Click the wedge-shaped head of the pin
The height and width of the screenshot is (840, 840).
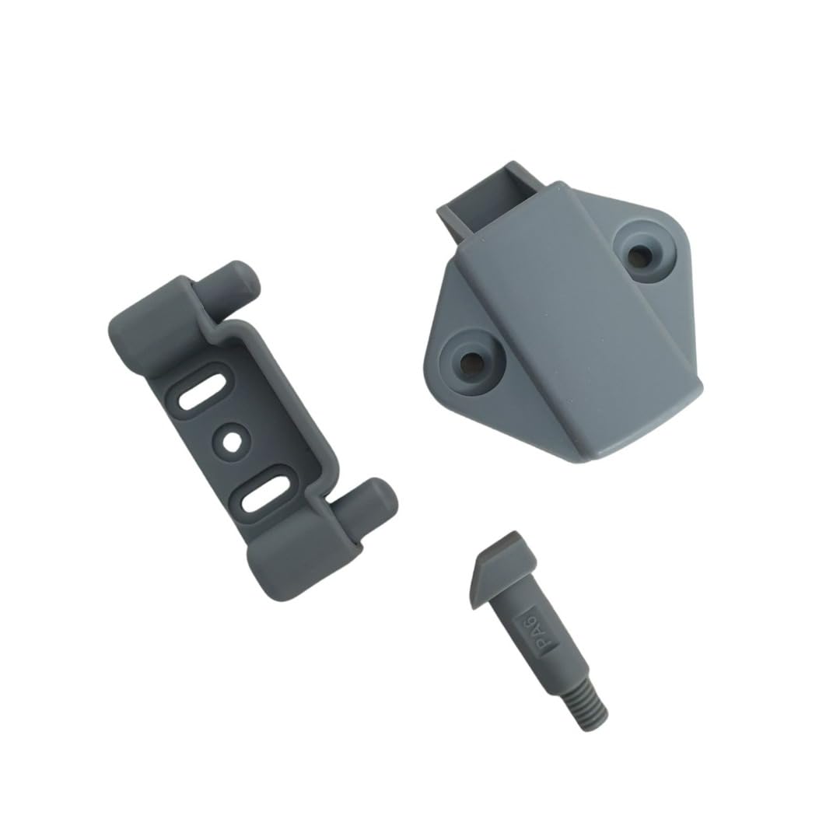(502, 569)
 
